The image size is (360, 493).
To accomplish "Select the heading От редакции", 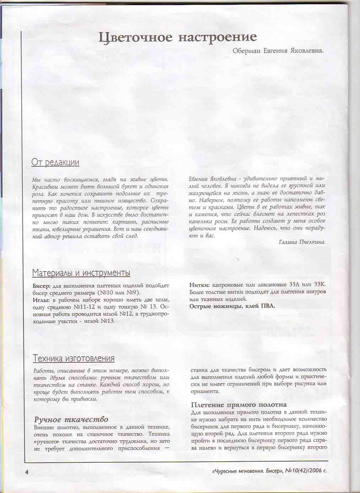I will (x=55, y=162).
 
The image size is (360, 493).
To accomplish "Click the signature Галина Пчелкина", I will (x=302, y=242).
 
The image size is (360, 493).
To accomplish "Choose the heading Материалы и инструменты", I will (x=81, y=273).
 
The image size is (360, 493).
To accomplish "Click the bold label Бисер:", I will (x=42, y=286).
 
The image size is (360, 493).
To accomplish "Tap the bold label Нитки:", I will (x=200, y=285).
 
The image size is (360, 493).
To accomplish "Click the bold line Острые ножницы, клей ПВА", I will (x=232, y=306).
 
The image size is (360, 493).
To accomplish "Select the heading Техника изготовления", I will (x=74, y=358).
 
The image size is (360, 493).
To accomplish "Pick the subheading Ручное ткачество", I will (x=71, y=419).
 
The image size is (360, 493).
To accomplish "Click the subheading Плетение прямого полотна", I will (x=238, y=405).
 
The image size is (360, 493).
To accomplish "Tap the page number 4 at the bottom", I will (x=27, y=472).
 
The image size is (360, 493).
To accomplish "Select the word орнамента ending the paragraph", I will (x=204, y=391).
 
